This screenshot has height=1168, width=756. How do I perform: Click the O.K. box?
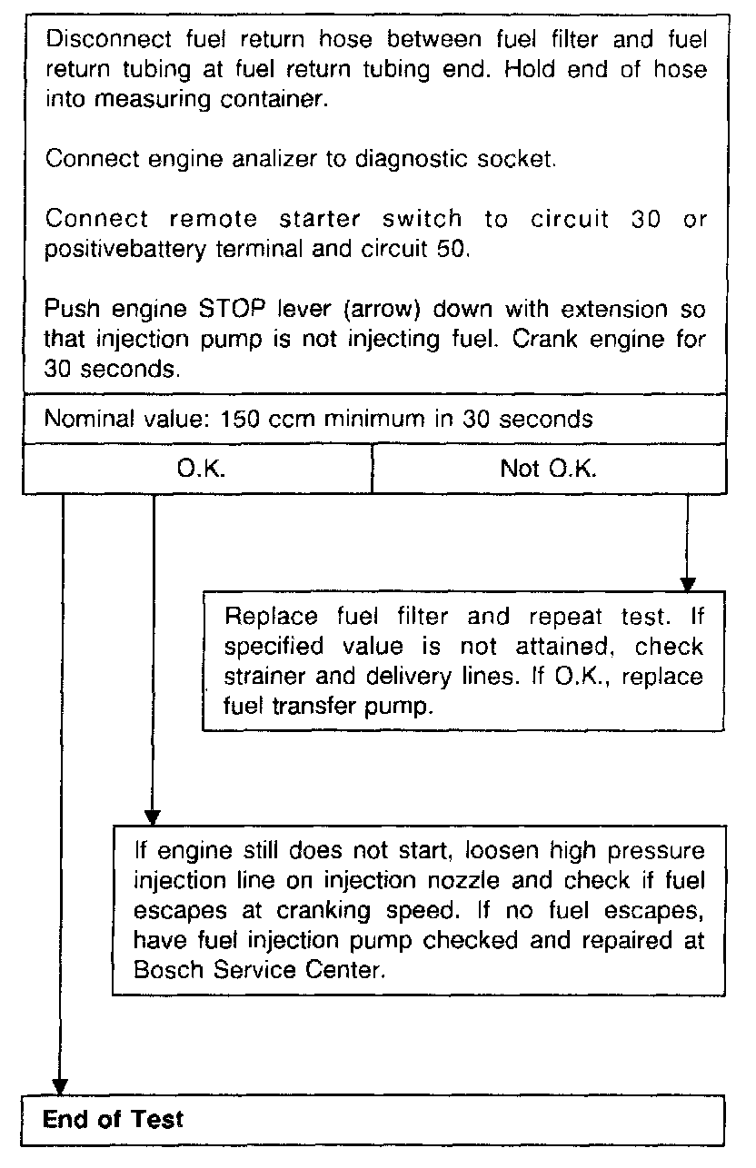coord(197,470)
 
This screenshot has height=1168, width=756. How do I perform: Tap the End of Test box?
coord(373,1119)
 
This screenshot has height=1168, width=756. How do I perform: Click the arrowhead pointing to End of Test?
coord(60,1086)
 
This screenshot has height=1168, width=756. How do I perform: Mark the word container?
coord(278,99)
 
